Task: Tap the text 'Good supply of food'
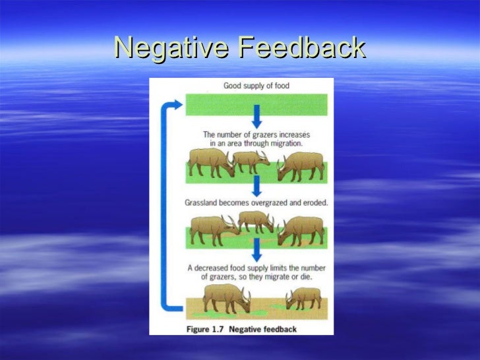[256, 86]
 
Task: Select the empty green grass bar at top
[256, 104]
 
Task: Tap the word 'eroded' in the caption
[313, 202]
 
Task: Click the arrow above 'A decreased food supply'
[256, 249]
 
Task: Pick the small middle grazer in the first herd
[251, 162]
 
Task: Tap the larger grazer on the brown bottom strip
[225, 297]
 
